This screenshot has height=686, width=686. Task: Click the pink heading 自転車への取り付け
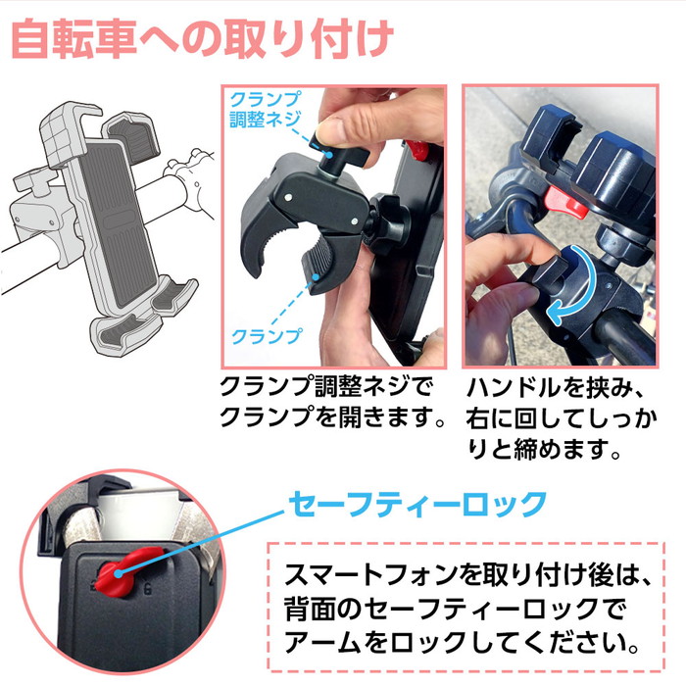click(202, 38)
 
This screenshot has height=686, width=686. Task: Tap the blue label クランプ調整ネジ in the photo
click(266, 110)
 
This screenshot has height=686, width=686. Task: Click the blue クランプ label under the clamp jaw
click(267, 336)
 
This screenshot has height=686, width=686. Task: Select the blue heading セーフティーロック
click(416, 505)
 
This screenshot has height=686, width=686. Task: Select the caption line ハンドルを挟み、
click(556, 388)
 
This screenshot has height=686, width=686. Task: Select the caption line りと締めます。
click(544, 449)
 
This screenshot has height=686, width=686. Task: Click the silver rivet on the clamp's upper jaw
click(288, 197)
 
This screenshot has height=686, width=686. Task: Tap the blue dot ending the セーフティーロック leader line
click(119, 573)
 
